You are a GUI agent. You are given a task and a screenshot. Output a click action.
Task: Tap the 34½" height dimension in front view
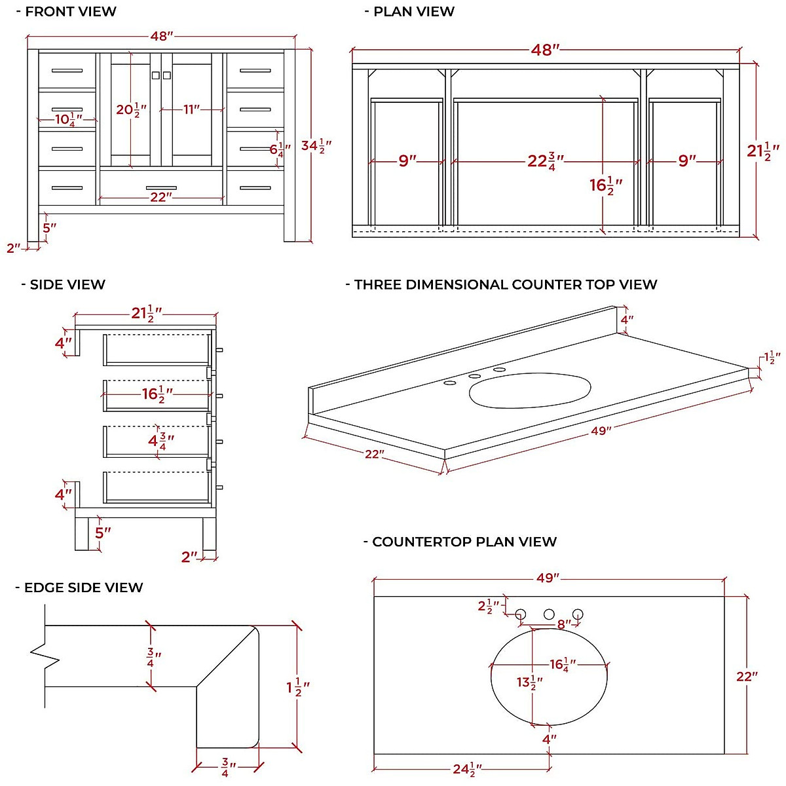coord(316,145)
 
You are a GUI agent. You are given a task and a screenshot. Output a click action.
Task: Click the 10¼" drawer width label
coord(67,120)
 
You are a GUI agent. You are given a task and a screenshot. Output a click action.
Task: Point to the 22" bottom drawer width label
coord(160,196)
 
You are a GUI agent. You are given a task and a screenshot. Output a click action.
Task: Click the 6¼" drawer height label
coord(280,149)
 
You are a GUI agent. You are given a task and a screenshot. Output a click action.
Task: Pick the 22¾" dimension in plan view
coord(545,160)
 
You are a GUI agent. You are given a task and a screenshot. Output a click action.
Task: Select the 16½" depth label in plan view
coord(605,185)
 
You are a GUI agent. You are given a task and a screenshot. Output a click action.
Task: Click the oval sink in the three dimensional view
coord(529,390)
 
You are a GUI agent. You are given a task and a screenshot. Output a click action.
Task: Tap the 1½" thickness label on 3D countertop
coord(772,358)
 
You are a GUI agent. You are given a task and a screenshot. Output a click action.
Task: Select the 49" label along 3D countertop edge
coord(601,430)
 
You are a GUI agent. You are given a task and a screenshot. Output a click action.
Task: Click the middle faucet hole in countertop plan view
coord(549,614)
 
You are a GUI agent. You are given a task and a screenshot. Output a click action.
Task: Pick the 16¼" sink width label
coord(563,665)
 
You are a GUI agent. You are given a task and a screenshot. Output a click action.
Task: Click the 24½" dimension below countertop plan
coord(467,769)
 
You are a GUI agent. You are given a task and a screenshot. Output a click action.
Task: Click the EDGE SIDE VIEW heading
coord(79,588)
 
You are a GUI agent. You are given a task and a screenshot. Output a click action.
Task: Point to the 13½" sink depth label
coord(529,683)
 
